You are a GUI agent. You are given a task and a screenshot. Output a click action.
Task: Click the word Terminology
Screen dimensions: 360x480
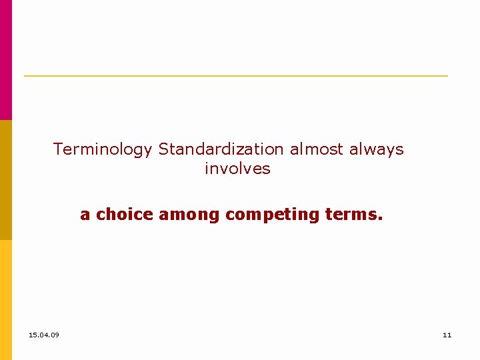pos(103,150)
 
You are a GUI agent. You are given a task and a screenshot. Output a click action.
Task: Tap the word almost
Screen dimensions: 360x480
pos(317,149)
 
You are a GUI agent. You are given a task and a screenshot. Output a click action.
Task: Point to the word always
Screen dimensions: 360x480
pos(377,150)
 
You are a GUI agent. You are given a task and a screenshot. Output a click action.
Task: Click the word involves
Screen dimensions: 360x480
pos(237,169)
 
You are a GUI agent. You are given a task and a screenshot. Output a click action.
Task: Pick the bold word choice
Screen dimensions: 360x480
pos(125,215)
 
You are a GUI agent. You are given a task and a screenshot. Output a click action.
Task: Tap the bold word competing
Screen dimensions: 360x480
pos(273,215)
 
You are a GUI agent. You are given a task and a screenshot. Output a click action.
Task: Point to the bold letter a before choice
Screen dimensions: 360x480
pos(85,215)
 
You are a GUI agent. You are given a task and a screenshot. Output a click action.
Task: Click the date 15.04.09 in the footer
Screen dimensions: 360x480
pos(44,335)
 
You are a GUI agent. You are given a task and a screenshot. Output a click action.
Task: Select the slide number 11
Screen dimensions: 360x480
pos(447,335)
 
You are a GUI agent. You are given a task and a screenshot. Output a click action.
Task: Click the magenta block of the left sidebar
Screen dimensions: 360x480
pos(5,60)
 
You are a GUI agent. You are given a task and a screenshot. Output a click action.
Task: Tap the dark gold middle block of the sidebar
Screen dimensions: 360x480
pos(5,180)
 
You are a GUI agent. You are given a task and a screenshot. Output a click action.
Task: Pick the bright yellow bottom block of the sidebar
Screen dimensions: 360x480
pos(5,300)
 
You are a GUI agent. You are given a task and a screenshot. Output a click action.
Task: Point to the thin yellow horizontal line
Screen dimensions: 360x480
pos(236,76)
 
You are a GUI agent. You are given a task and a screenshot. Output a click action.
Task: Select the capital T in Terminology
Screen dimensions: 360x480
pos(57,149)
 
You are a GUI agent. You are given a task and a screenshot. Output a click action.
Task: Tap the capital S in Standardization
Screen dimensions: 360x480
pos(163,149)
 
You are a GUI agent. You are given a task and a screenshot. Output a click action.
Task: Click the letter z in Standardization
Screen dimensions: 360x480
pos(247,150)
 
